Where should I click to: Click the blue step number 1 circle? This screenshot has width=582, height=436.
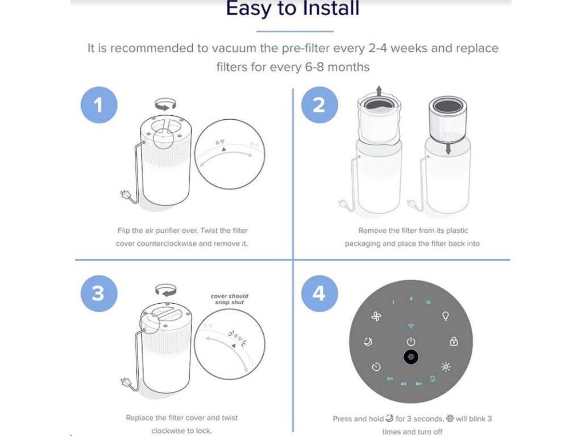coord(99,105)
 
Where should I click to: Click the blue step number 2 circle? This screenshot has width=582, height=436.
coord(319,105)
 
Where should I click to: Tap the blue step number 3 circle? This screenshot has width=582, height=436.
coord(99,294)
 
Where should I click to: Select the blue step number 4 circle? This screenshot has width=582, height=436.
coord(319,294)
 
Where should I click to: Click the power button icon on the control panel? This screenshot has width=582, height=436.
coord(410,341)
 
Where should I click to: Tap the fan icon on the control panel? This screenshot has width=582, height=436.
coord(376,316)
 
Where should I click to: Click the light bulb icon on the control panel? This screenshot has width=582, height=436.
coord(446,316)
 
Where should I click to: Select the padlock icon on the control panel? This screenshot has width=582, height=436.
coord(454,341)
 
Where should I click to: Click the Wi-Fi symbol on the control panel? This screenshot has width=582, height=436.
coord(410,326)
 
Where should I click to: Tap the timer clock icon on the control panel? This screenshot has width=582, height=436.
coord(376,367)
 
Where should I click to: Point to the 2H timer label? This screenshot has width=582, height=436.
coord(389,379)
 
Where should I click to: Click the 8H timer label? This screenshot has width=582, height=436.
coord(418,384)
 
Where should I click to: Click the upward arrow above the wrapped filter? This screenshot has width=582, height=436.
coord(379,91)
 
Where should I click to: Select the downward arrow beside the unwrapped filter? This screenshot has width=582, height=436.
coord(448,148)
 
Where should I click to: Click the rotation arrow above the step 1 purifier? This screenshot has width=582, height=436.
coord(165,104)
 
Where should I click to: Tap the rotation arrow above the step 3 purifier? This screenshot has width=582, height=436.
coord(165,290)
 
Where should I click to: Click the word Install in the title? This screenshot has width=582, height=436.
coord(330,8)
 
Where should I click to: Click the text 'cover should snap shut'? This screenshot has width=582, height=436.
coord(230,299)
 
